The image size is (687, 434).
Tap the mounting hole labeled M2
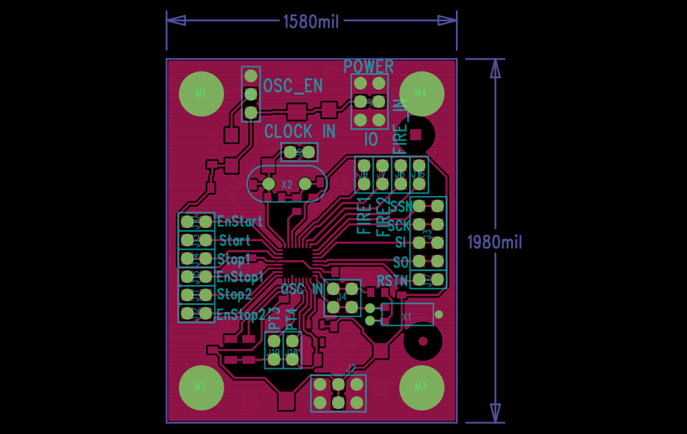[201, 387]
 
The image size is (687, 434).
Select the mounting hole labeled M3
[421, 387]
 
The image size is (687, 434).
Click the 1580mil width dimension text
[311, 21]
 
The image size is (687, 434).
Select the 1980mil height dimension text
[495, 242]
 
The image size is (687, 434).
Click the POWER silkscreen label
[369, 66]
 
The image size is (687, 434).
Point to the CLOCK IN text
[300, 132]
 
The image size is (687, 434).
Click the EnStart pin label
[240, 221]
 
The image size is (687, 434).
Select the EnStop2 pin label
[241, 314]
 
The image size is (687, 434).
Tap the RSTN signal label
[393, 280]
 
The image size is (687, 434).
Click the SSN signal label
[401, 206]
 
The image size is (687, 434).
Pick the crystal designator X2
[287, 185]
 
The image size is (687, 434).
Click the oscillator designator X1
[407, 317]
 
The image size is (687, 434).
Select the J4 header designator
[342, 297]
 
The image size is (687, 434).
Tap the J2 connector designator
[351, 368]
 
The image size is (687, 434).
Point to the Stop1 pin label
[234, 259]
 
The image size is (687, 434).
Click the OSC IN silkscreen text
[301, 289]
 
